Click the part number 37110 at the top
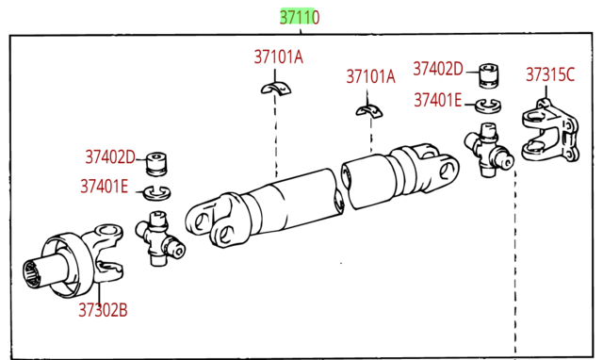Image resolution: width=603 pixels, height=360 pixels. [x=300, y=17]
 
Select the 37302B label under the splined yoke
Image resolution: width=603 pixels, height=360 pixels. [x=103, y=310]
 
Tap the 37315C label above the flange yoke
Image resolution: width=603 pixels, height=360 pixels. [x=550, y=74]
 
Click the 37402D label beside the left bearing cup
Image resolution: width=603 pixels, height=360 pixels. [x=110, y=157]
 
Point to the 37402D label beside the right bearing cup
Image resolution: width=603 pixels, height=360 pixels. [x=438, y=69]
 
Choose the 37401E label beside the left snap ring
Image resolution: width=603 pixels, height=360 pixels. [x=104, y=187]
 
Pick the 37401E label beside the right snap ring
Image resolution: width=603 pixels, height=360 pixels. [x=437, y=101]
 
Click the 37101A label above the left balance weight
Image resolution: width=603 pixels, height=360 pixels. [x=279, y=57]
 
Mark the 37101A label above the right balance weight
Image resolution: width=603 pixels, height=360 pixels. [x=370, y=76]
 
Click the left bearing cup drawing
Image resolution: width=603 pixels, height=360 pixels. [x=157, y=164]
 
